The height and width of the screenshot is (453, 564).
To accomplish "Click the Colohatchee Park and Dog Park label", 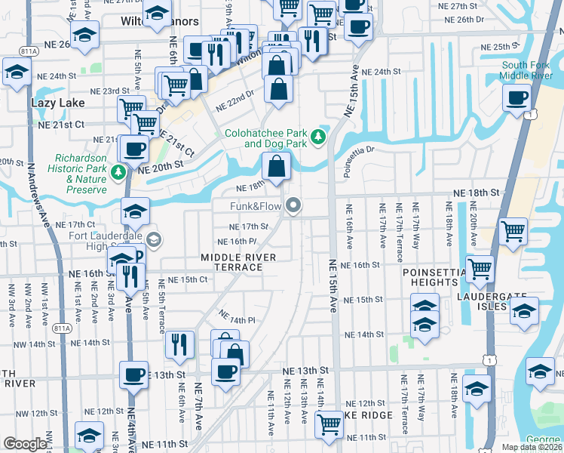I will pyautogui.click(x=265, y=137).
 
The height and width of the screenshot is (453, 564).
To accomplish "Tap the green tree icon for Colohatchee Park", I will pyautogui.click(x=319, y=137).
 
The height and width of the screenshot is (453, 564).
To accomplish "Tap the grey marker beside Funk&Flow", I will pyautogui.click(x=293, y=205).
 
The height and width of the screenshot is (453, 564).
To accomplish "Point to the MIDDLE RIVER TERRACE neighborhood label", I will pyautogui.click(x=238, y=262).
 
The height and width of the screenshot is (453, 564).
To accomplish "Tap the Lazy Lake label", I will pyautogui.click(x=54, y=101).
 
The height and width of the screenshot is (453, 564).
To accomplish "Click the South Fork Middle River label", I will pyautogui.click(x=526, y=70).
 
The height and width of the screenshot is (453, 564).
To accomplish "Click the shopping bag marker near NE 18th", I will pyautogui.click(x=277, y=164).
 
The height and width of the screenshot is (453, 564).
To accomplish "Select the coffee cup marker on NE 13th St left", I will pyautogui.click(x=135, y=373).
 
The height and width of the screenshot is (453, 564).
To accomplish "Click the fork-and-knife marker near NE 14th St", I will pyautogui.click(x=179, y=344).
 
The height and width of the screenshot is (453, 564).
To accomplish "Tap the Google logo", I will pyautogui.click(x=25, y=444).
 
